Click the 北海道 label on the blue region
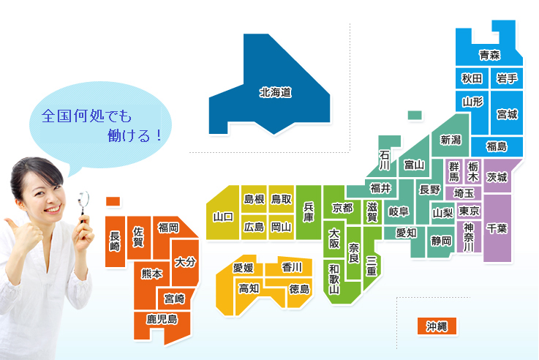[275, 93]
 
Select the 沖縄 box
[437, 326]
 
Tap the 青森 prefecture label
[490, 55]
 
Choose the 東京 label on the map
[470, 211]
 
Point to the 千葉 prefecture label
[497, 228]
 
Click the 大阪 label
[333, 239]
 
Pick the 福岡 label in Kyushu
[168, 228]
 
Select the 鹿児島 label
[162, 319]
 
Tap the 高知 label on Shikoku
[249, 288]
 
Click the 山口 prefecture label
[222, 217]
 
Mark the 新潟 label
[451, 140]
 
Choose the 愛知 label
[406, 233]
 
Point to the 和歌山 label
[333, 278]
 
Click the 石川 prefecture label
[385, 160]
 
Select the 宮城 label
[507, 114]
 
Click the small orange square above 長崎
[113, 200]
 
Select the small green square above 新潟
[415, 115]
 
